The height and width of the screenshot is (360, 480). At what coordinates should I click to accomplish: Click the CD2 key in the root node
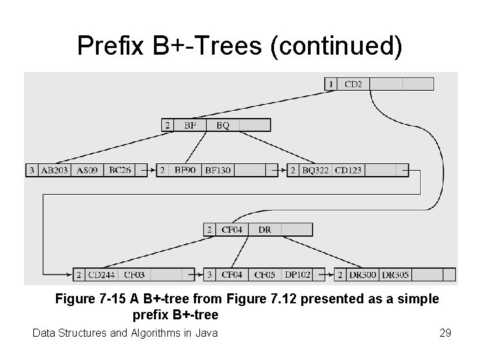tap(353, 84)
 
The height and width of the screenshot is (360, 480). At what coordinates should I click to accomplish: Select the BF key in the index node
tap(190, 125)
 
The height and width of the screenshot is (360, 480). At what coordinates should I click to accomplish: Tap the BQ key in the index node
tap(223, 125)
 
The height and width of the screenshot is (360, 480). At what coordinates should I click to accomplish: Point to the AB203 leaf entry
tap(54, 170)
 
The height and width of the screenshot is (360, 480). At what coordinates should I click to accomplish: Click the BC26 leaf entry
tap(120, 170)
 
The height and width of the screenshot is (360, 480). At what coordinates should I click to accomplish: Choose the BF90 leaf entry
tap(185, 170)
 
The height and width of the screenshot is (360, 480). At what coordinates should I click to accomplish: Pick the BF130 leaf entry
tap(217, 170)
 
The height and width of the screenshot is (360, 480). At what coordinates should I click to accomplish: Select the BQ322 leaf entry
tap(315, 170)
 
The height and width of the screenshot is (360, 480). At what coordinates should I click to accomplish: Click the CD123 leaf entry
tap(348, 170)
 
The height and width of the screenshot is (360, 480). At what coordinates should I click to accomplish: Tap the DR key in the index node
tap(265, 229)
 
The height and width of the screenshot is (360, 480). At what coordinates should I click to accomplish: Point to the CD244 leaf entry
tap(102, 274)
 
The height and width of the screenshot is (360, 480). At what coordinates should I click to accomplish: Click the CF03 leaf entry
tap(134, 274)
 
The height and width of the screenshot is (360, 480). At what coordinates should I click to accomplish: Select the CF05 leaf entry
tap(265, 274)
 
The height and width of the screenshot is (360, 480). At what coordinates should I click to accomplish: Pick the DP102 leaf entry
tap(298, 274)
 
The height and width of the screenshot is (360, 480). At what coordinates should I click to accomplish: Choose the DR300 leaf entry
tap(363, 274)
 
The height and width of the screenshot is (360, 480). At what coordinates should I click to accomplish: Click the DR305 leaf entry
tap(396, 274)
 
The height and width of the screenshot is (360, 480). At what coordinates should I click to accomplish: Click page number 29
tap(445, 332)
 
